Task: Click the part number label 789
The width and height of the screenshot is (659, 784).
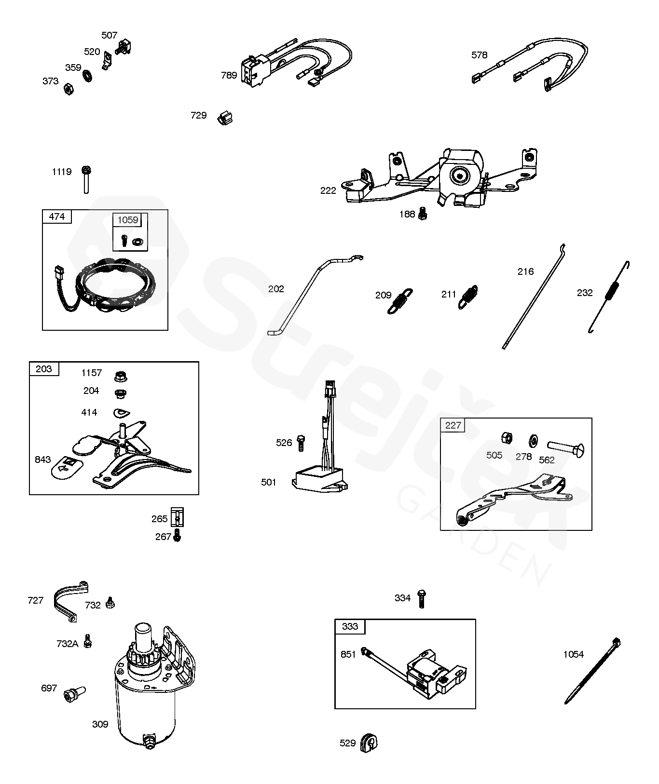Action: (x=229, y=75)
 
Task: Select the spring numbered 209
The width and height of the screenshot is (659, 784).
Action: (x=400, y=300)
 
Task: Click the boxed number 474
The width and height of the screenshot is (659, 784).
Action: (x=57, y=217)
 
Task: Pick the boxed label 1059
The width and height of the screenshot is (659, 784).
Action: (x=128, y=220)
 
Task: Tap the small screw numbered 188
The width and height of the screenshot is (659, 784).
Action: (x=423, y=213)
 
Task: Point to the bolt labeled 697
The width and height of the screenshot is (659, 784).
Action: (x=74, y=693)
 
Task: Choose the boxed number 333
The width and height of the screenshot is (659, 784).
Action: (x=350, y=626)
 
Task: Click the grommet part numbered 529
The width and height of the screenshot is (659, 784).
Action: (x=369, y=742)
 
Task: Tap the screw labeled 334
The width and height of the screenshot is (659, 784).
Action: (x=421, y=598)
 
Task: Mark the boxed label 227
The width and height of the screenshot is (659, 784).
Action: (x=453, y=425)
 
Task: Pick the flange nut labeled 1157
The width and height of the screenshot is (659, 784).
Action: (x=120, y=376)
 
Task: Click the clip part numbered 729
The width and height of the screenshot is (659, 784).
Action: (x=224, y=117)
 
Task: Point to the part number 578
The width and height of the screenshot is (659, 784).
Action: (x=479, y=55)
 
